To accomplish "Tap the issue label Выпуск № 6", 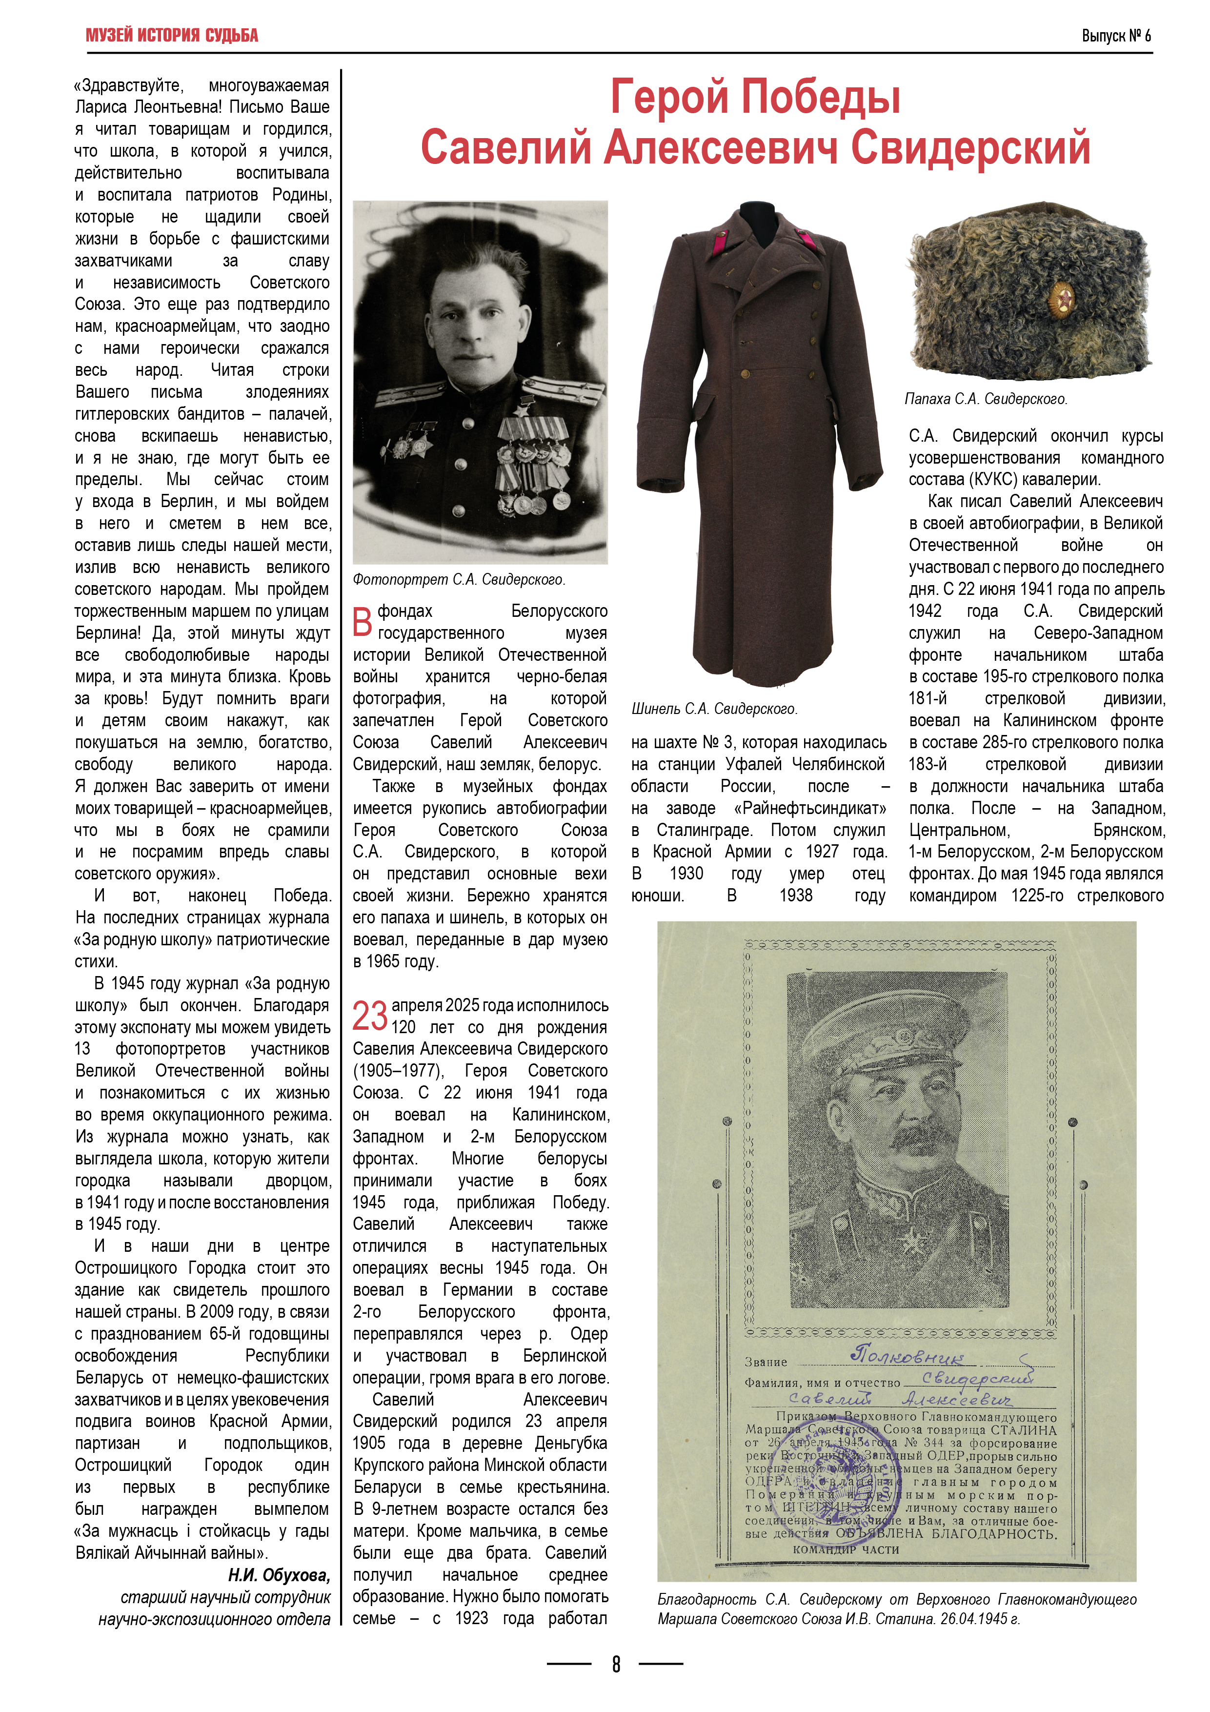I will pos(1115,35).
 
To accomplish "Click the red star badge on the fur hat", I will pos(1060,300).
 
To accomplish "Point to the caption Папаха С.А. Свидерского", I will pos(986,399).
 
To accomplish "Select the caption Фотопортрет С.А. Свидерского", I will pos(459,579).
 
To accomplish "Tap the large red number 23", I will pos(370,1016).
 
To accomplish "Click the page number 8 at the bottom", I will pos(616,1664).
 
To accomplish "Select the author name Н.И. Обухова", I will pos(279,1575).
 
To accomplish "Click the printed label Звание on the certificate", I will pos(766,1362).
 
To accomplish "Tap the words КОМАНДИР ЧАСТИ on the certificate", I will pos(846,1549).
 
